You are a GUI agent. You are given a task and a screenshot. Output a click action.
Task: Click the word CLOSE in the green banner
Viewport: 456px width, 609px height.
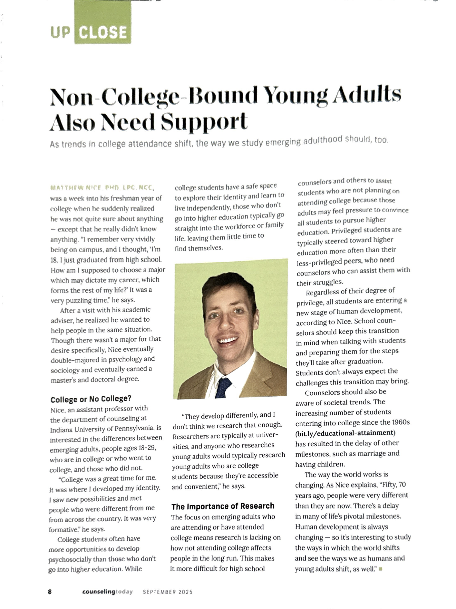[x=103, y=33]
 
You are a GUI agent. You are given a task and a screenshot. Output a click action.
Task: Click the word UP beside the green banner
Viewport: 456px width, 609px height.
[x=61, y=33]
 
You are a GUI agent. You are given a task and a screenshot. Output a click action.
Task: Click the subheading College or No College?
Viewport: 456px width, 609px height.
[x=91, y=399]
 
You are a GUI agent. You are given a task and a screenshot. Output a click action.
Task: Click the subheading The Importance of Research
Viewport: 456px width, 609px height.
[x=223, y=506]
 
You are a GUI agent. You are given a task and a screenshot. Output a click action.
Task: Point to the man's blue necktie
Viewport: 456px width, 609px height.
[x=224, y=387]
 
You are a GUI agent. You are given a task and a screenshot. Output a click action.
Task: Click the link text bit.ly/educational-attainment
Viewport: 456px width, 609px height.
[x=345, y=433]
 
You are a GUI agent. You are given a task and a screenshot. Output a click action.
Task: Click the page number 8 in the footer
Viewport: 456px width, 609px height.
[x=50, y=592]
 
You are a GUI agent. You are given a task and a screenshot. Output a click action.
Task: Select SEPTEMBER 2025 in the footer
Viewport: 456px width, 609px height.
[x=167, y=592]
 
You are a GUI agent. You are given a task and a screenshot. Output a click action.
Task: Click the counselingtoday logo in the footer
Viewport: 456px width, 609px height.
[x=107, y=592]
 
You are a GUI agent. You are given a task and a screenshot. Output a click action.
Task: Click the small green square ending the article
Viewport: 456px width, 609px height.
[x=380, y=569]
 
